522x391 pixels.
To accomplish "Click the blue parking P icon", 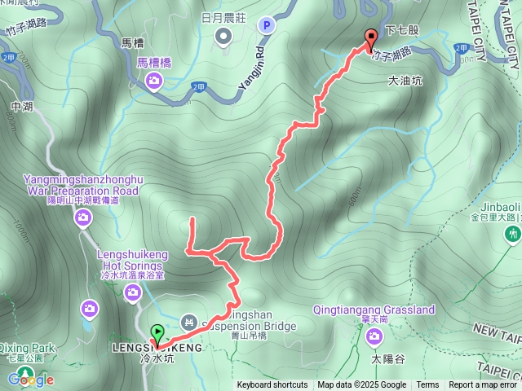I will pyautogui.click(x=266, y=26).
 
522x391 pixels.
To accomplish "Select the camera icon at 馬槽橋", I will pyautogui.click(x=154, y=81).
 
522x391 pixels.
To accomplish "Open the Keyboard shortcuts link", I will pyautogui.click(x=272, y=385).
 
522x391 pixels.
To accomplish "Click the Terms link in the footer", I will pyautogui.click(x=427, y=385).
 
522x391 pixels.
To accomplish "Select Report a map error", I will pyautogui.click(x=483, y=385).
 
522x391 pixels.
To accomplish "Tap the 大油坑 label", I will pyautogui.click(x=405, y=81).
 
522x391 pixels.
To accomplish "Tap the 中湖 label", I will pyautogui.click(x=21, y=106).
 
